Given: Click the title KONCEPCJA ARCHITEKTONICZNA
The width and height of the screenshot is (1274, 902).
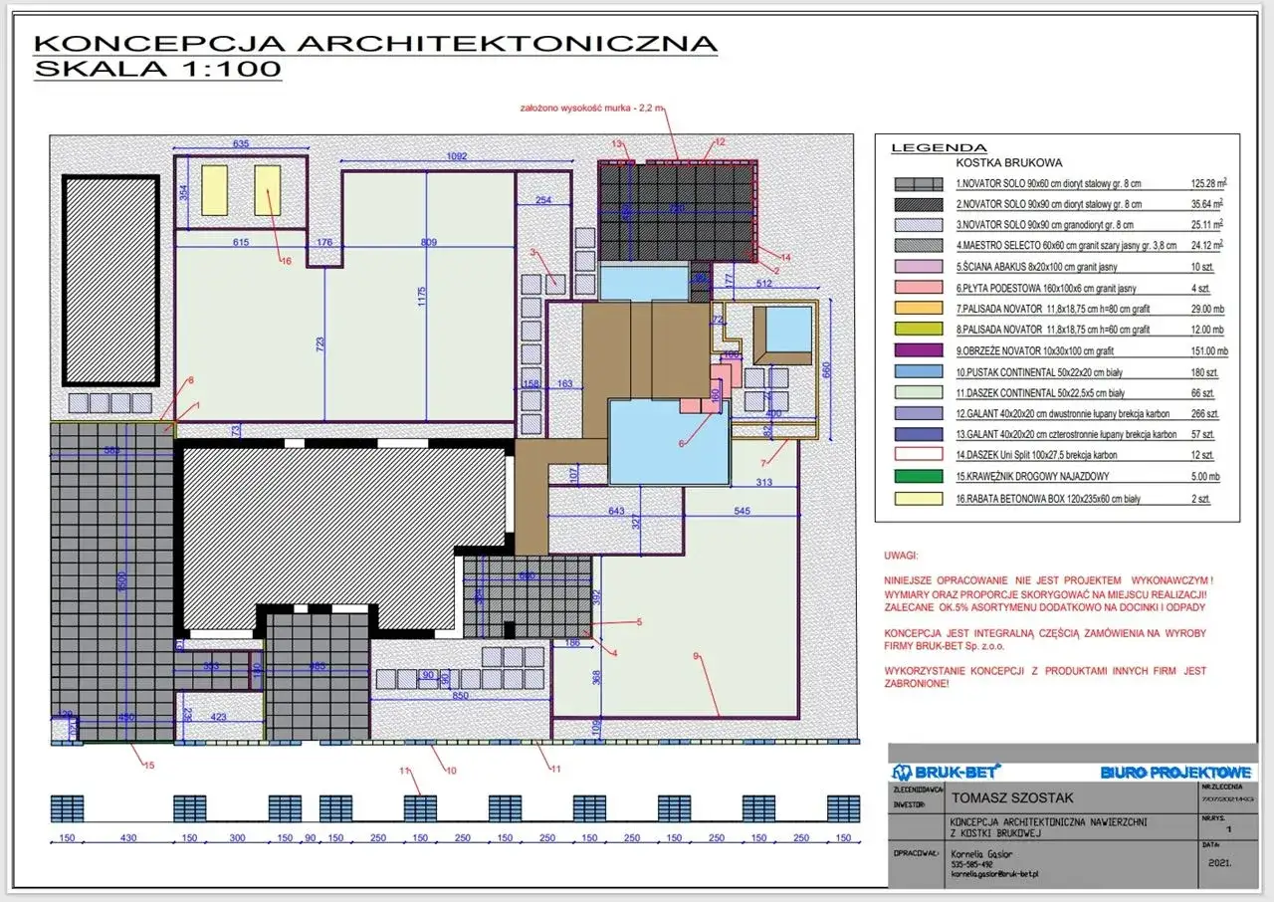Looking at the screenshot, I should point(375,44).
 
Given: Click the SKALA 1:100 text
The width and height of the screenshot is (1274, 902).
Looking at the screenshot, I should point(157,69).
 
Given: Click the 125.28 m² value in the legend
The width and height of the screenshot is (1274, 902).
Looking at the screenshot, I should point(1207,184).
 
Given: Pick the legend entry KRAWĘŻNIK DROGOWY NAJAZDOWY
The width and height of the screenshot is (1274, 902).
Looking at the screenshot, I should point(1042,477).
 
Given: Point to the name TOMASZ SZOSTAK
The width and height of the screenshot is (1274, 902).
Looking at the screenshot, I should point(1012,797).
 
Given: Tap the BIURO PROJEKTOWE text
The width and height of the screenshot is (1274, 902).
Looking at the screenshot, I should point(1175,773).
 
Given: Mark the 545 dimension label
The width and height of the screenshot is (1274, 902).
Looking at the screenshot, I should point(743,512).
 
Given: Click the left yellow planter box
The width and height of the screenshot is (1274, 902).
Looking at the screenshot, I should point(214,190).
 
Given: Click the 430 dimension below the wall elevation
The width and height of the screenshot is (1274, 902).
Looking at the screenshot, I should point(127,838).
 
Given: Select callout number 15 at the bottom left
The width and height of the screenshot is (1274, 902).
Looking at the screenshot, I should point(149,765).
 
